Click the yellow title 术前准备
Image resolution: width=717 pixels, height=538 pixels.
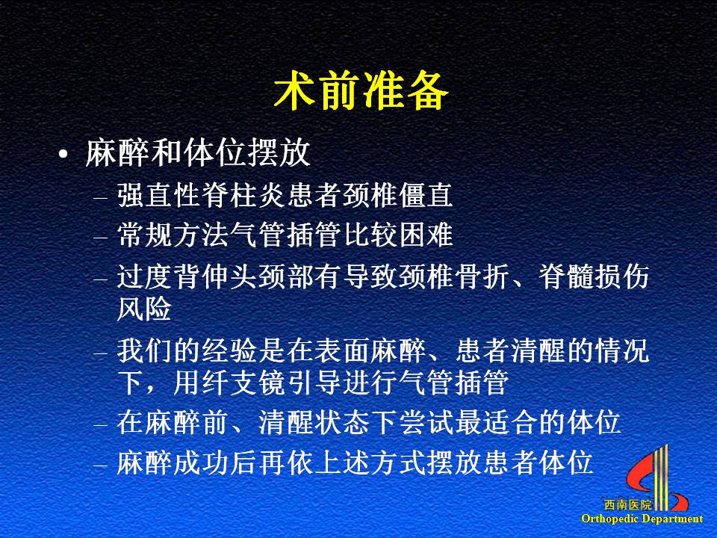361,91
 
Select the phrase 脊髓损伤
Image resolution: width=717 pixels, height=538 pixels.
594,276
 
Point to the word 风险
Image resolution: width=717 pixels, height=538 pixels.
144,309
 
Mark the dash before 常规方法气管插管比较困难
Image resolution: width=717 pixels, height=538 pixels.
100,238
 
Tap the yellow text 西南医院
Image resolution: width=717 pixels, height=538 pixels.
628,505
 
